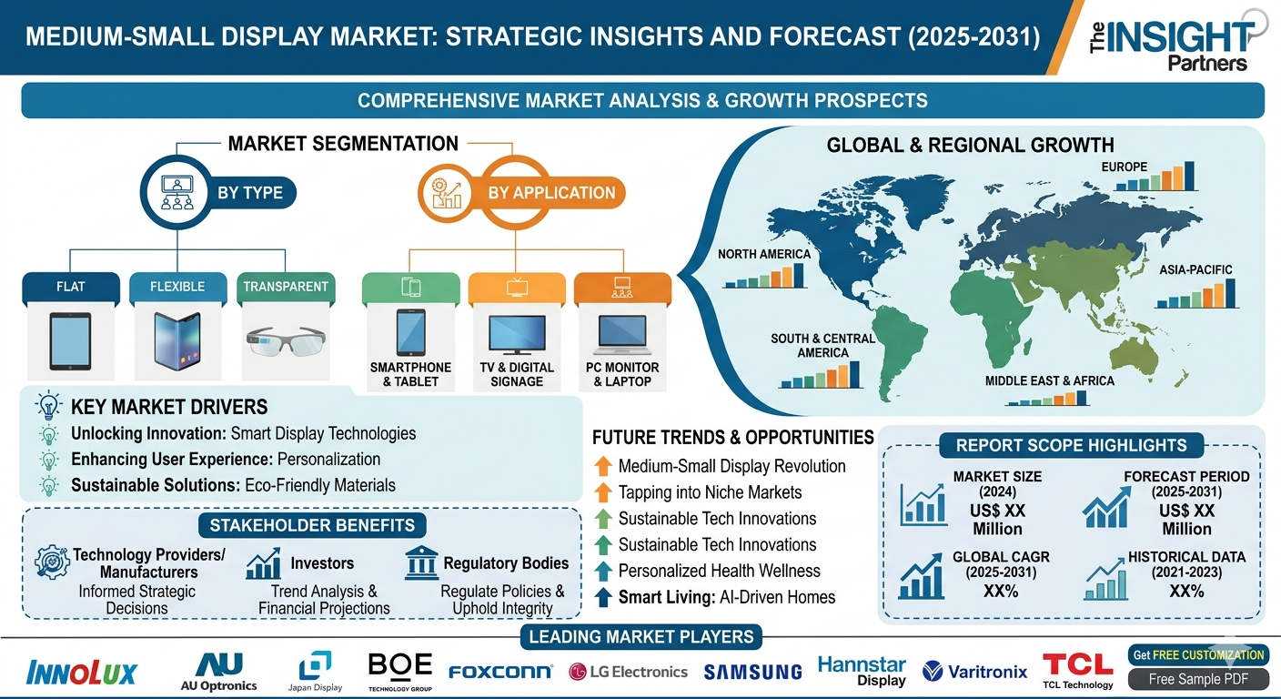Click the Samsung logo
click(x=752, y=672)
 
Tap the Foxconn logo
click(x=501, y=671)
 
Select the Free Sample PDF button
click(x=1198, y=680)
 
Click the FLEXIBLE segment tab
click(x=177, y=287)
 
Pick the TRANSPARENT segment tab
click(x=286, y=287)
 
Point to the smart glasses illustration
click(x=286, y=341)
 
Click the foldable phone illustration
click(x=177, y=341)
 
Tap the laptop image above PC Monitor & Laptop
click(x=622, y=335)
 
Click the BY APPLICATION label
click(x=551, y=193)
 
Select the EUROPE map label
click(x=1125, y=167)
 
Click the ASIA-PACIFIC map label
click(x=1195, y=269)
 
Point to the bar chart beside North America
click(x=764, y=276)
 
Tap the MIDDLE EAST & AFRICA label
click(x=1049, y=381)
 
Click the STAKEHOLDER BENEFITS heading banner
click(x=312, y=525)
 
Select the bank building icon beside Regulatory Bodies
click(x=421, y=562)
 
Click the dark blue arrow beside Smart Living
click(x=603, y=597)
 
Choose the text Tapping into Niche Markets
click(x=711, y=492)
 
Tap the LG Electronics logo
click(x=629, y=672)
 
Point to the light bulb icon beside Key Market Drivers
click(x=48, y=406)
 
